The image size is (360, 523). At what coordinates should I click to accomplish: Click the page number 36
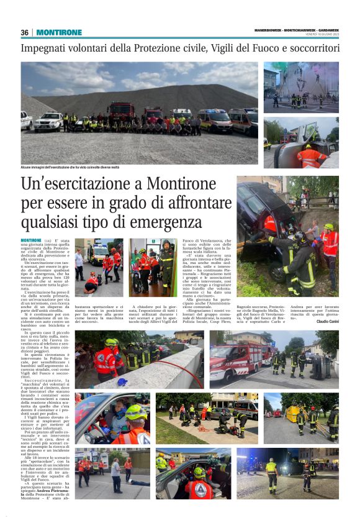pyautogui.click(x=25, y=32)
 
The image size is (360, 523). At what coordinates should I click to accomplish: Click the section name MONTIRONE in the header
pyautogui.click(x=59, y=32)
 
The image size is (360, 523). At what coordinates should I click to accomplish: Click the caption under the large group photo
pyautogui.click(x=70, y=168)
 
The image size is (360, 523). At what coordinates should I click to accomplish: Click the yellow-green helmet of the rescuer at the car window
pyautogui.click(x=135, y=412)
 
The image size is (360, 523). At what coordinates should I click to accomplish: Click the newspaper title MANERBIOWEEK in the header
pyautogui.click(x=268, y=30)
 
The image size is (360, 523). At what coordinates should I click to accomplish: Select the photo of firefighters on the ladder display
pyautogui.click(x=300, y=86)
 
